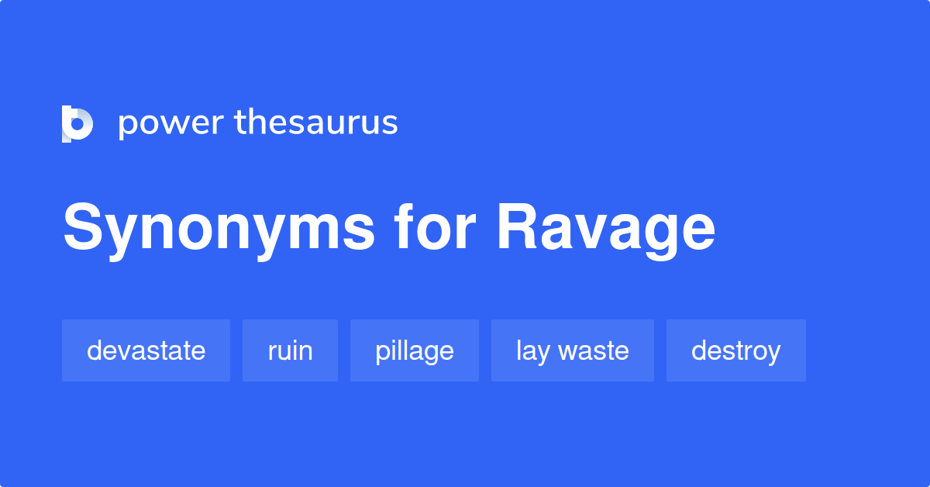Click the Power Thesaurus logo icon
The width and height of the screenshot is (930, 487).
click(x=77, y=123)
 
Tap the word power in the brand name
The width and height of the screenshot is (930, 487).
click(x=170, y=123)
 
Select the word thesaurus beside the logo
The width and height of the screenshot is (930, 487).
click(x=316, y=123)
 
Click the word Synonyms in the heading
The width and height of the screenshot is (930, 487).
click(x=219, y=229)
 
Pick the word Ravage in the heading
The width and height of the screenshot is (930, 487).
click(x=605, y=229)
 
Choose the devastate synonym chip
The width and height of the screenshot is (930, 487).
click(x=146, y=351)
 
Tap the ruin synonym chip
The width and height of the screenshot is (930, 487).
click(x=290, y=351)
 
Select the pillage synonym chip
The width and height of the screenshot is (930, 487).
click(x=414, y=351)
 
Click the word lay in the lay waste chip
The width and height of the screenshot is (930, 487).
click(x=532, y=351)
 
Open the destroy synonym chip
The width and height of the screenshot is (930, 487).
click(x=735, y=351)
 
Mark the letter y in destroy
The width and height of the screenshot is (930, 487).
click(x=772, y=354)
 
